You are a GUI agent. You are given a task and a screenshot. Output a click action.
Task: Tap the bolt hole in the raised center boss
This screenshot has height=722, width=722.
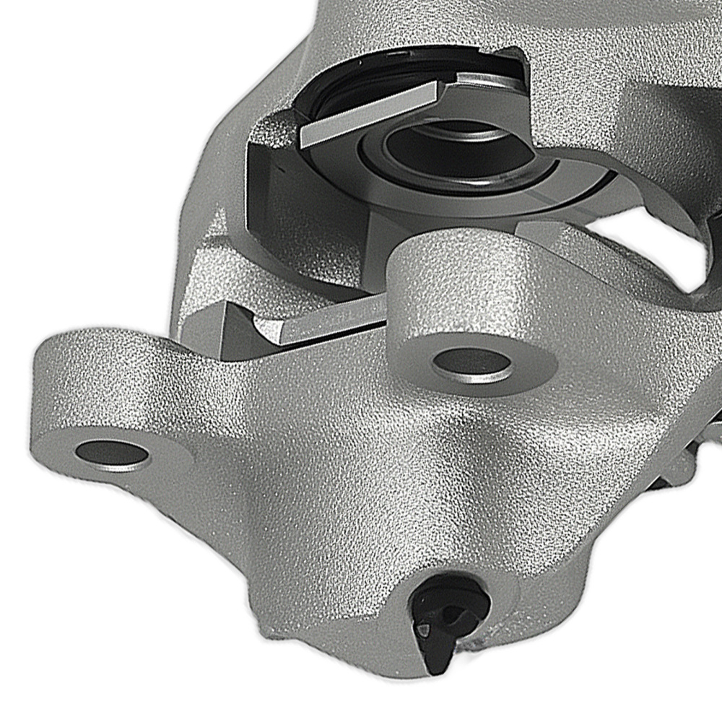tap(473, 360)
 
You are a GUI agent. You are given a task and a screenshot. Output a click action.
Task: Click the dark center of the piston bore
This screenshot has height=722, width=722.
tap(433, 148)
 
